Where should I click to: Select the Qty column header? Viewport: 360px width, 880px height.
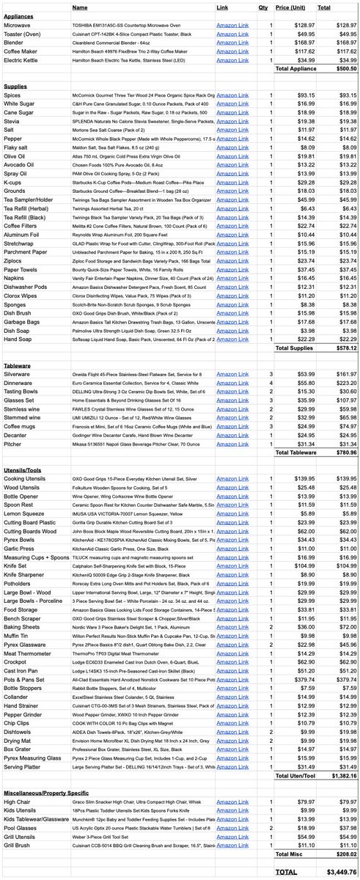pos(262,7)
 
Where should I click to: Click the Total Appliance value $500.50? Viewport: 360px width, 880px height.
pos(340,68)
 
